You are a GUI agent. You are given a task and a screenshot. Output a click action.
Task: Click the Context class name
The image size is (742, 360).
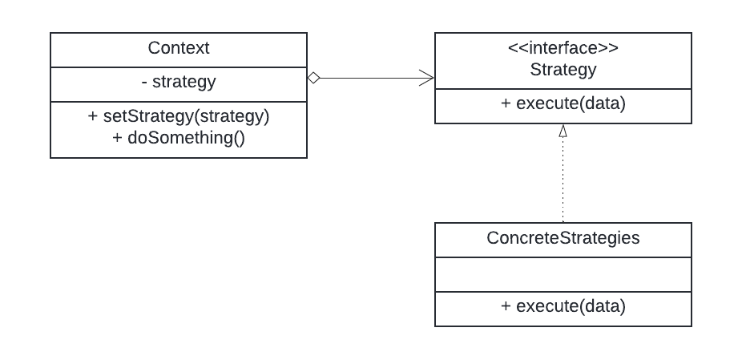tap(179, 48)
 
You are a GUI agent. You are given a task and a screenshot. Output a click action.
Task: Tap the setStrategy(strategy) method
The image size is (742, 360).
tap(179, 115)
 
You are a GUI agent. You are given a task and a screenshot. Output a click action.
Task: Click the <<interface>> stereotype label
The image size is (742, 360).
tap(563, 48)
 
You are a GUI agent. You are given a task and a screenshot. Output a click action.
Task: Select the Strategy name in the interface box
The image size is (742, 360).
tap(563, 69)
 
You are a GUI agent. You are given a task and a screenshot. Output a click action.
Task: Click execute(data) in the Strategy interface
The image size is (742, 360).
tap(563, 103)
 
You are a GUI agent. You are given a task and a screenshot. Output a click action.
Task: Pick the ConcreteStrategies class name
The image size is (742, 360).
tap(563, 238)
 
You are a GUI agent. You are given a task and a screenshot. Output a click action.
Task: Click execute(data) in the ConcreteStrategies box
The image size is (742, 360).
tap(563, 305)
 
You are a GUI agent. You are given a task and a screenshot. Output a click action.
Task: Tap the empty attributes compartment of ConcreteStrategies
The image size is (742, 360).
tap(563, 274)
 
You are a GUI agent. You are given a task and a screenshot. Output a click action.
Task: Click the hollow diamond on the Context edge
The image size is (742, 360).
tap(314, 78)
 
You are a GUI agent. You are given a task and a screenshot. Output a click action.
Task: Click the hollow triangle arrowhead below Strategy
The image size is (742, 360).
tap(563, 130)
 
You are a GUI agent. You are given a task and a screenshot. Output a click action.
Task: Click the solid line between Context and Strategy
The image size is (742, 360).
tap(369, 78)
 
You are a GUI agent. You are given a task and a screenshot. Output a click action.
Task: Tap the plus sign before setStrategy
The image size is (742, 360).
tap(93, 115)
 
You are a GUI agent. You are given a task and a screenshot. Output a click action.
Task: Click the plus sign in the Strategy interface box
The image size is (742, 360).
tap(506, 103)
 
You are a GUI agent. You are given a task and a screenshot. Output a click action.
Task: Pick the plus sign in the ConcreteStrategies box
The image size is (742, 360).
tap(506, 305)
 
